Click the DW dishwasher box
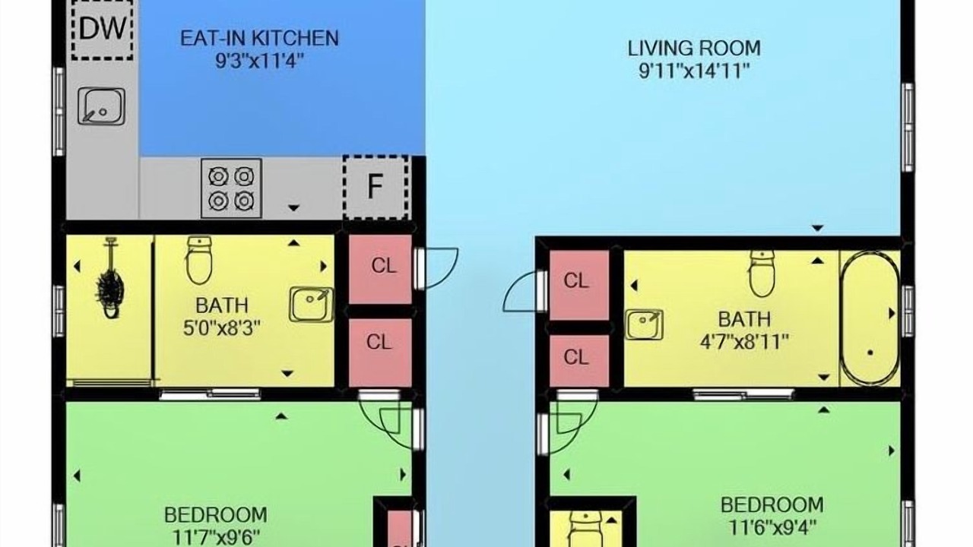[x=103, y=30]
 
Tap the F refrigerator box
[x=376, y=188]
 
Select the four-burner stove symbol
[x=231, y=188]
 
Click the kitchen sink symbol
[x=102, y=106]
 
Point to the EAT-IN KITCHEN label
[x=259, y=38]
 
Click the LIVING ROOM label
[x=694, y=48]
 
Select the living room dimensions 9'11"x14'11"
[x=694, y=71]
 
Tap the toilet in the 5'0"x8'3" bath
[x=199, y=260]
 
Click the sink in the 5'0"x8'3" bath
[x=312, y=305]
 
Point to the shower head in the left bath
[x=111, y=279]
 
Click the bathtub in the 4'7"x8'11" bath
[x=870, y=318]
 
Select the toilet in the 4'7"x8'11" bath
[x=762, y=273]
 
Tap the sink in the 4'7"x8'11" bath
[x=644, y=324]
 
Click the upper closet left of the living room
[x=381, y=269]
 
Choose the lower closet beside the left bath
[x=381, y=353]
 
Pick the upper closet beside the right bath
[x=579, y=286]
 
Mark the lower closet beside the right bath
[x=579, y=361]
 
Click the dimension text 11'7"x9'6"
[x=217, y=537]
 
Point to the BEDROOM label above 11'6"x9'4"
[x=772, y=505]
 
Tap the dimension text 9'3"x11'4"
[x=259, y=61]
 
